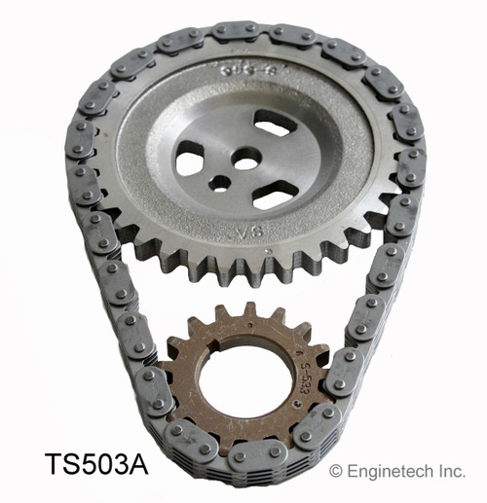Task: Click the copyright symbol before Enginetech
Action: point(337,471)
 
